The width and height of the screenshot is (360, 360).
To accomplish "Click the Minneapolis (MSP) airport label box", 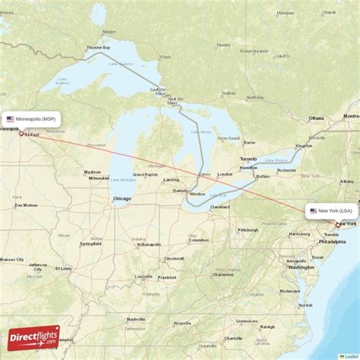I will click(x=31, y=119).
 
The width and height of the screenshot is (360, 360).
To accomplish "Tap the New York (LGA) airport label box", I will click(x=331, y=210).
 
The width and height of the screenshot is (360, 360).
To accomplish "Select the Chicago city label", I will click(x=122, y=198).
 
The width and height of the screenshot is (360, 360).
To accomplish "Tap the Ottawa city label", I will click(x=316, y=118).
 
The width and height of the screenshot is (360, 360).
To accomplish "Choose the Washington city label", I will click(x=302, y=267).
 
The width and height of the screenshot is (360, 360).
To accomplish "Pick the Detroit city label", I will click(x=180, y=190).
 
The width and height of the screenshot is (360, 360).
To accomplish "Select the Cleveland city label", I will click(x=220, y=207).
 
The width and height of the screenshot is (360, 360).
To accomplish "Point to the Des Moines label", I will click(x=25, y=205).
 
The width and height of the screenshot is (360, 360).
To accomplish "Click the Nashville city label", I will click(x=137, y=319).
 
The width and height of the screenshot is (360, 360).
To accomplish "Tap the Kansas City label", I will click(x=11, y=260).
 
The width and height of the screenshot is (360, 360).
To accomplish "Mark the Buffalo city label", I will click(x=263, y=176).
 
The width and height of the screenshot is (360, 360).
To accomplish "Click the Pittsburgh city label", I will click(x=248, y=229).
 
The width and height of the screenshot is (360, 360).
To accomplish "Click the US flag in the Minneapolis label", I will click(x=11, y=119).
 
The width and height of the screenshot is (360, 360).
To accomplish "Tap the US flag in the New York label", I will click(x=313, y=210).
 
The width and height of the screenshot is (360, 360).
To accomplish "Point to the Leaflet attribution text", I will click(x=349, y=356).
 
